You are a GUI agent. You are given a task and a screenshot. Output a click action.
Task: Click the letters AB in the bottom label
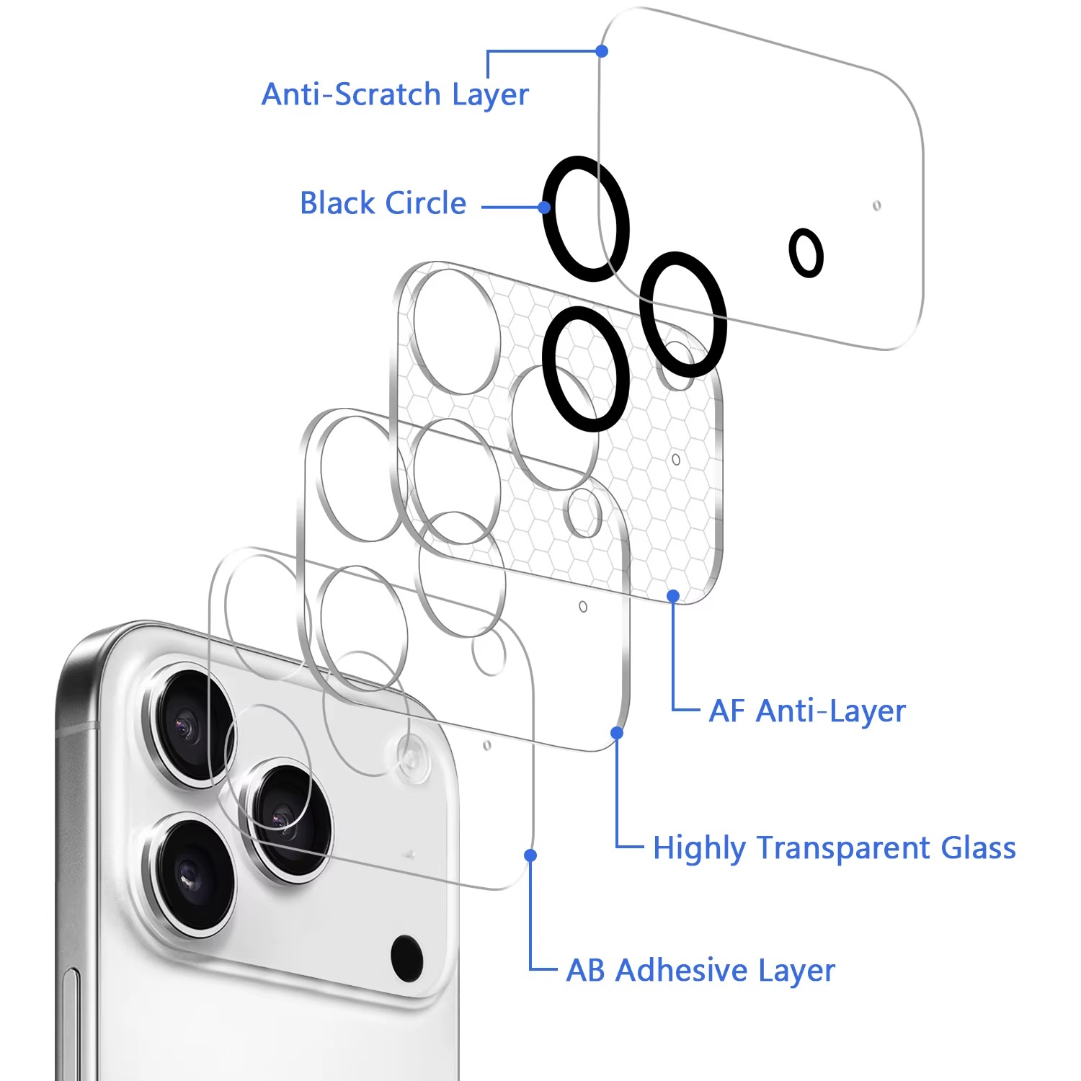[585, 971]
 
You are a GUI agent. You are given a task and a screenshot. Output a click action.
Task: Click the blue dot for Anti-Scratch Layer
[602, 51]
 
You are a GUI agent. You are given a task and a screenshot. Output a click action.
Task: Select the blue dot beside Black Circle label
[546, 208]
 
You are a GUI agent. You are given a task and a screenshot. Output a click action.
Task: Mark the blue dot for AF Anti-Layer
[673, 596]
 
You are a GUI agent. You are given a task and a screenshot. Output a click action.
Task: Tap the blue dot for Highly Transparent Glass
[617, 733]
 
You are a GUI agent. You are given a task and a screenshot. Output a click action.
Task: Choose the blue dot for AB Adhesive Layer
[530, 855]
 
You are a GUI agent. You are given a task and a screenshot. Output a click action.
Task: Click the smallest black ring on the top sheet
[806, 253]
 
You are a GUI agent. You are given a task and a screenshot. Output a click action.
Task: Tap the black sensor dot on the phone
[406, 957]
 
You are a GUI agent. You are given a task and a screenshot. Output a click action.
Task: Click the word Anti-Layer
[831, 711]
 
